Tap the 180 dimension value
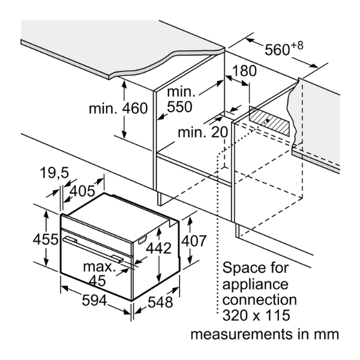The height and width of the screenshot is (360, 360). point(244,71)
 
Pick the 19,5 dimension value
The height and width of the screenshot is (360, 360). point(55,174)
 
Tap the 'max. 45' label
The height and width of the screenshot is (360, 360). point(99,272)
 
